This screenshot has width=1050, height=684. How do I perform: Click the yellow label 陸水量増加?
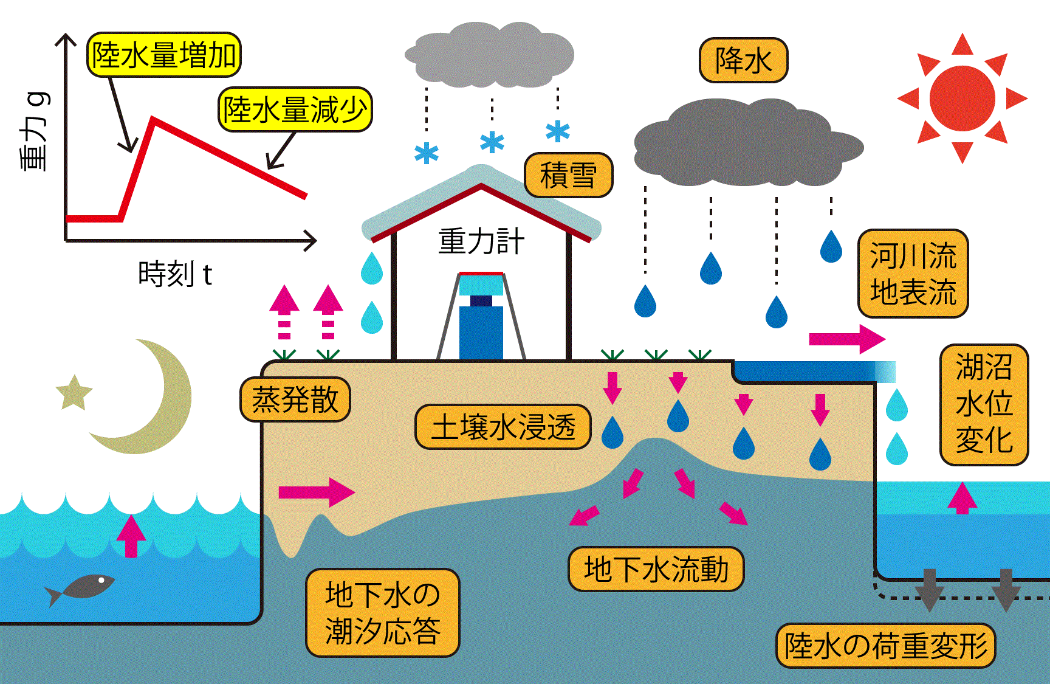[164, 55]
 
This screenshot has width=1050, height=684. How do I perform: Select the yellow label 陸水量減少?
[295, 110]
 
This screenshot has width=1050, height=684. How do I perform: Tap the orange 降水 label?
[743, 60]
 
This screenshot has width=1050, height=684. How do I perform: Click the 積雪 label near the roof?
[568, 176]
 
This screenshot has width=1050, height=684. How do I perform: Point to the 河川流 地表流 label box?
[913, 274]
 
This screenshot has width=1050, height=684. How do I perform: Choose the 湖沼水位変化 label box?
[984, 404]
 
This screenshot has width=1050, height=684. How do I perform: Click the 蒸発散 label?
[295, 399]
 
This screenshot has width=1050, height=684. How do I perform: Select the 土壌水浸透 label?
[503, 427]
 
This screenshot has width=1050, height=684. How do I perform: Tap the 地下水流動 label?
[656, 569]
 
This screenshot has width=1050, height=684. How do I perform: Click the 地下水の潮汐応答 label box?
[383, 612]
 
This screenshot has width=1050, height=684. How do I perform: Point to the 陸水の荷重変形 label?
[886, 645]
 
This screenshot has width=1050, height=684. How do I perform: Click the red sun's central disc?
[962, 98]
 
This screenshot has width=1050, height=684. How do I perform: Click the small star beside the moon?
[74, 392]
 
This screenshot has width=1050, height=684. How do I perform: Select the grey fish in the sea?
[82, 588]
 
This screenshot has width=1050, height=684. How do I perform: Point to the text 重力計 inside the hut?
[481, 242]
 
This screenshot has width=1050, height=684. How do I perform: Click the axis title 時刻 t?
[175, 274]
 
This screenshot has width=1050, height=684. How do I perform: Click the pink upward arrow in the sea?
[131, 535]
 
